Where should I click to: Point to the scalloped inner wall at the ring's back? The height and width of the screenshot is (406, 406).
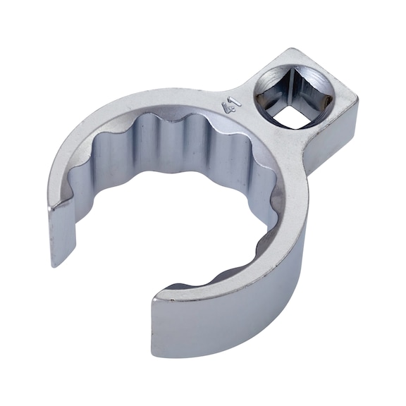pyautogui.click(x=176, y=141)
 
